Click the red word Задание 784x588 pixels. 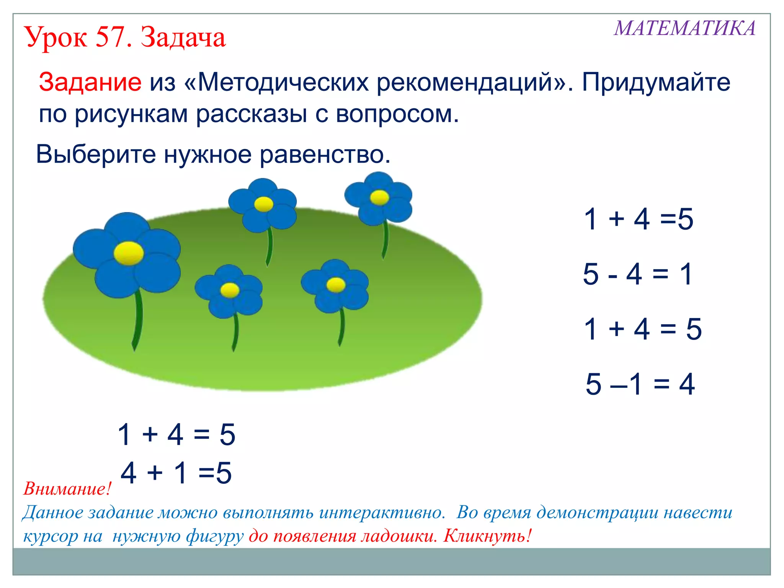(x=90, y=82)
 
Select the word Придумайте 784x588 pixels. (x=656, y=82)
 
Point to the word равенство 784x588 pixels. (x=325, y=154)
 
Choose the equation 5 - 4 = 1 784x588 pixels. (x=637, y=274)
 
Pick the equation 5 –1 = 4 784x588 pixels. (x=640, y=384)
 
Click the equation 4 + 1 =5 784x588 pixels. (x=176, y=473)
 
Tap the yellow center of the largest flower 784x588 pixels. (x=129, y=253)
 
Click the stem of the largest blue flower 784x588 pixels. (x=138, y=318)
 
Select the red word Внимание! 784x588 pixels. (x=67, y=489)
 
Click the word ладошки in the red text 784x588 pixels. (x=398, y=536)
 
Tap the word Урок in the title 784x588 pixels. (x=56, y=38)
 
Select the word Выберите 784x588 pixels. (x=96, y=154)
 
